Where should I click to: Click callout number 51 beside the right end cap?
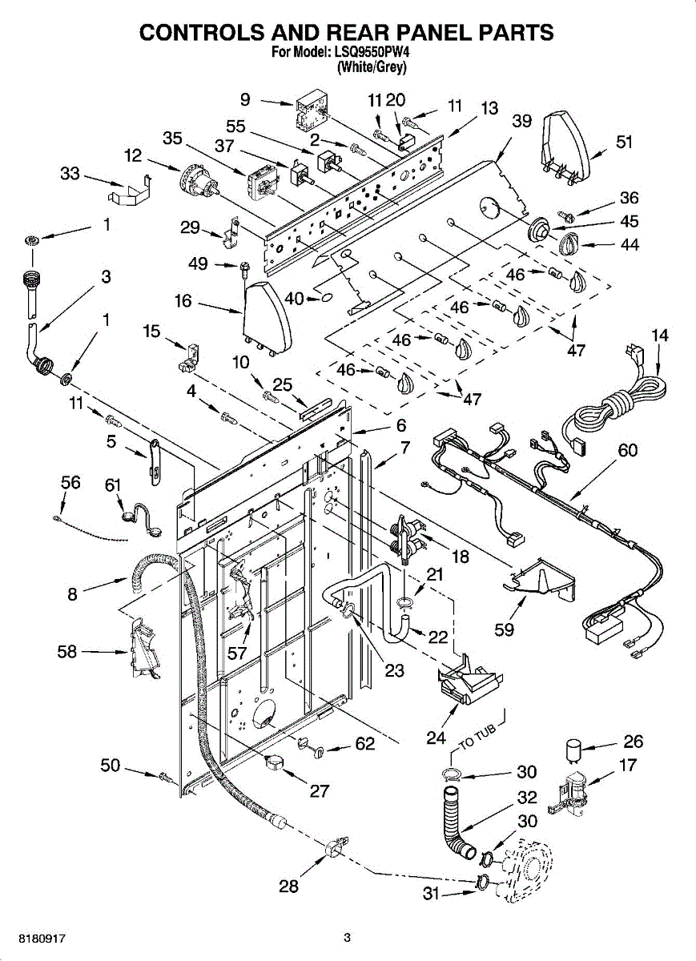pos(624,143)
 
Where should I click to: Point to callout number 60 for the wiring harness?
pos(627,451)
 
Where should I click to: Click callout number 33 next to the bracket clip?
pos(70,173)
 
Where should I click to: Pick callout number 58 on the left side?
pos(67,652)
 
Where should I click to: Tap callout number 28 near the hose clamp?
pos(288,886)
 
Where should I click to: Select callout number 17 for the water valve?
pos(628,766)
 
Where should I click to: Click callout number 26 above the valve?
pos(633,742)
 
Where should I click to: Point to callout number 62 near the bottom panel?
pos(364,745)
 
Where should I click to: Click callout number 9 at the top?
pos(245,100)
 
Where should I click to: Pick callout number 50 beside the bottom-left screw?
pos(111,766)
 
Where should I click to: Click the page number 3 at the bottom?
pos(347,938)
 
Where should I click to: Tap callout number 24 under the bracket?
pos(436,738)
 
